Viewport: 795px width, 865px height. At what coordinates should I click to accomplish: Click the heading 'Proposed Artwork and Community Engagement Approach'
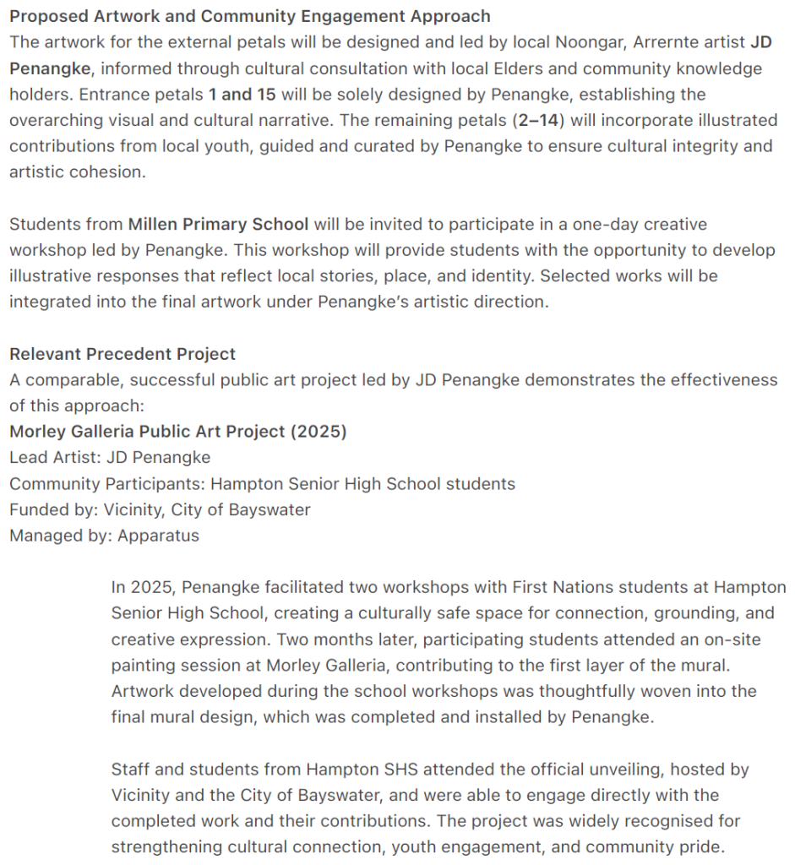249,16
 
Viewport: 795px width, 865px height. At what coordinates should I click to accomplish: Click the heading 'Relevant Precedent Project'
123,354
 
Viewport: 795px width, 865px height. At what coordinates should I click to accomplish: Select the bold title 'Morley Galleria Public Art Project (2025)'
177,432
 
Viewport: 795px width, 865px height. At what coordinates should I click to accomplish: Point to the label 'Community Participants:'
106,484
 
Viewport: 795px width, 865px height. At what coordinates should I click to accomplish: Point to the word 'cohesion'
107,172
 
